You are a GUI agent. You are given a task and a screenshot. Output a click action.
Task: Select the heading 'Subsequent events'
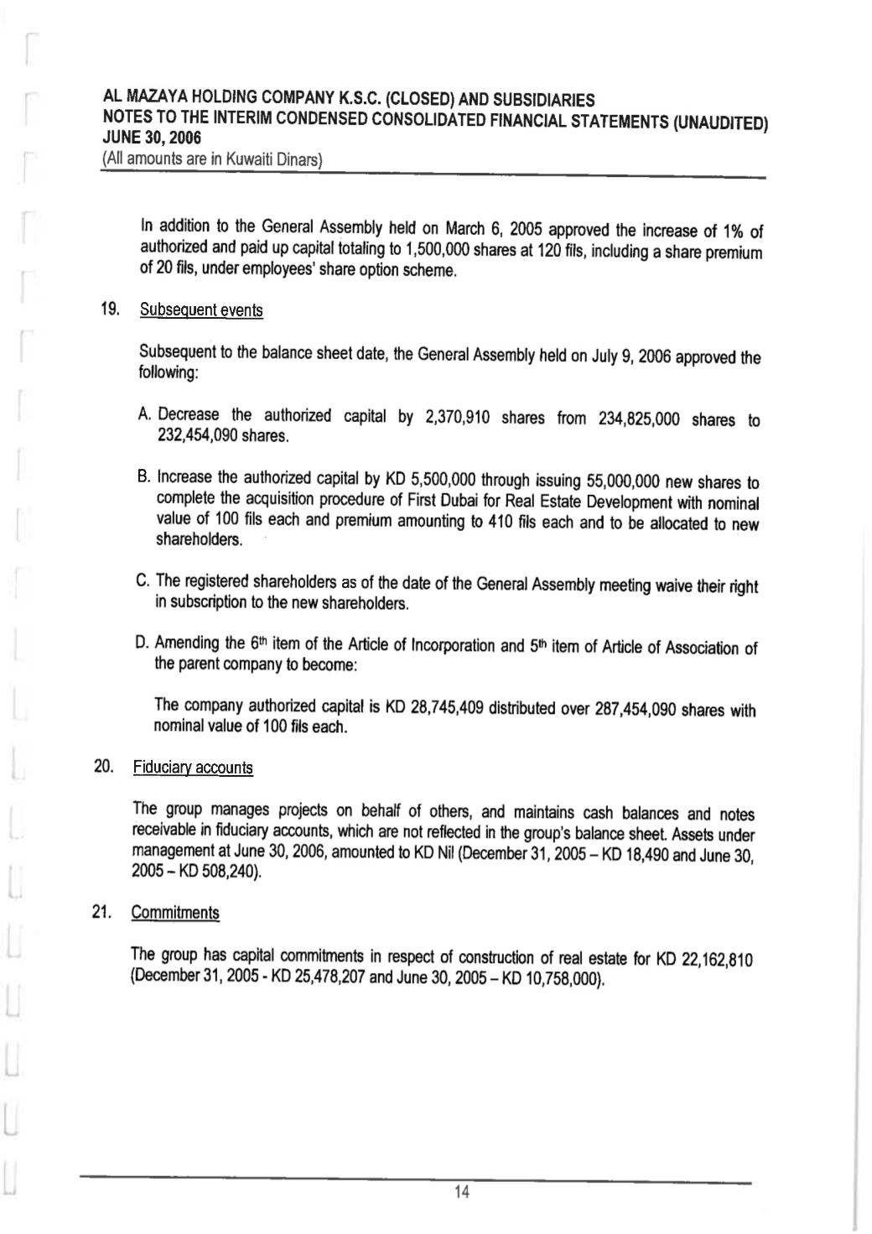coord(201,310)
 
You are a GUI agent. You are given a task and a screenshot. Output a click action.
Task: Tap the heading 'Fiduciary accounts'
coord(192,768)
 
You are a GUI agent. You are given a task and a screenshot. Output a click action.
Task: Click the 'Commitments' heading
coord(175,913)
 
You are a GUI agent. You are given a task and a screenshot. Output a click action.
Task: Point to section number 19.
coord(109,310)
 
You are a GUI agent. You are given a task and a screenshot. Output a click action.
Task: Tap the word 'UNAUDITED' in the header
coord(720,123)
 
